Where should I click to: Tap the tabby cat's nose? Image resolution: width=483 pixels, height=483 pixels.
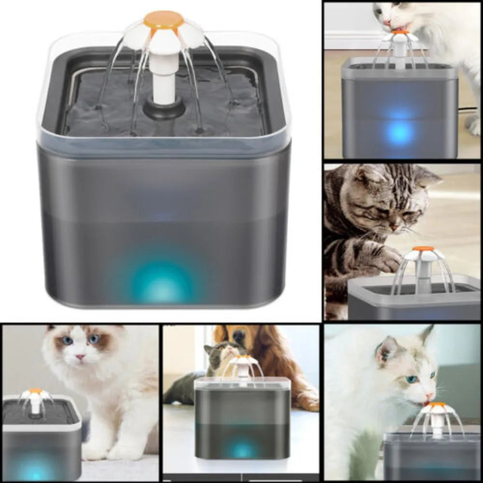coord(395,226)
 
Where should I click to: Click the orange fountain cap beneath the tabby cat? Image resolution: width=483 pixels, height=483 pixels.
coord(423,249)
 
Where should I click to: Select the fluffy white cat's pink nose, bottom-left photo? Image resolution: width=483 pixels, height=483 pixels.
coord(80,357)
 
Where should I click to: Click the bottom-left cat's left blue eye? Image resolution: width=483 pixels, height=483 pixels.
coord(68,341)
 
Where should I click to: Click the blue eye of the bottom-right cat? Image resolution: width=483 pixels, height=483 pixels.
coord(412,379)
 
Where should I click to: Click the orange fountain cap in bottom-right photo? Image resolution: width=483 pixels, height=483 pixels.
coord(438,405)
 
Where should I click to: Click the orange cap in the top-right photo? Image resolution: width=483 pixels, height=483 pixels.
coord(400,32)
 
